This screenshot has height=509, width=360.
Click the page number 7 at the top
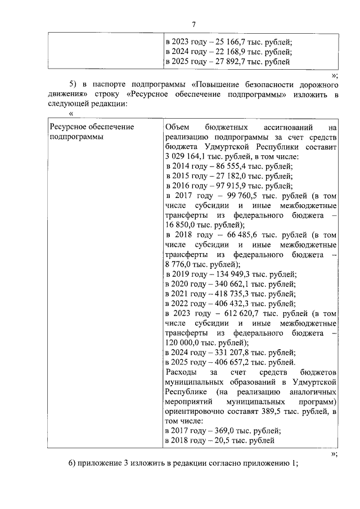[x=193, y=24]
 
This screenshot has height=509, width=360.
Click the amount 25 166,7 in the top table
[x=227, y=42]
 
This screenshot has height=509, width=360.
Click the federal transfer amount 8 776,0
[x=179, y=264]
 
